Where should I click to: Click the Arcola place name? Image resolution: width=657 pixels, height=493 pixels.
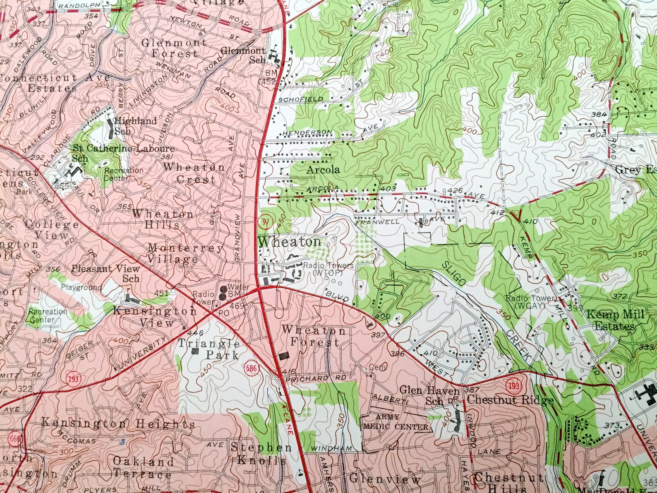tap(323, 170)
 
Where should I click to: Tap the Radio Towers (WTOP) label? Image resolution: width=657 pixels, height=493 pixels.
tap(328, 269)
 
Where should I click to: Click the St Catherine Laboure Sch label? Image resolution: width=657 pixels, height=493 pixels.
tap(123, 153)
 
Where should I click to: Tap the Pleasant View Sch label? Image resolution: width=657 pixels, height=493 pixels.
tap(106, 273)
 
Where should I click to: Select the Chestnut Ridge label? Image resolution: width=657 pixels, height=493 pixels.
tap(510, 400)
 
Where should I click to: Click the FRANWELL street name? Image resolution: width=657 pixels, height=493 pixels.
tap(377, 222)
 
